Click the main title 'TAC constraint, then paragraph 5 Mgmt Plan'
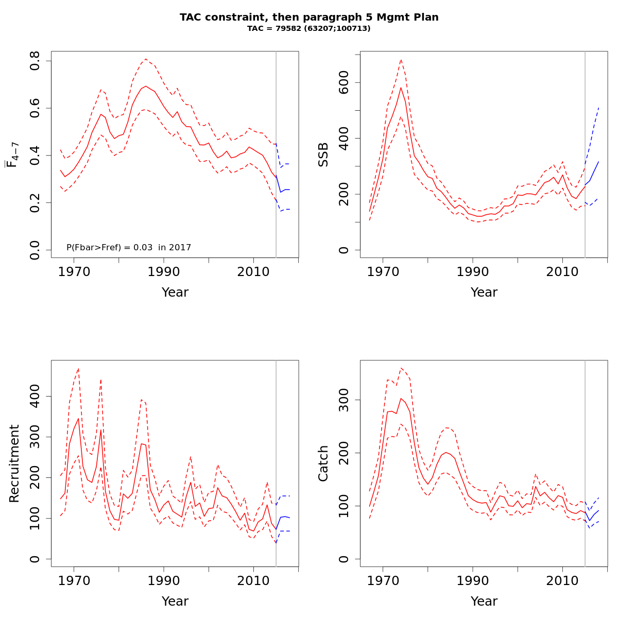[x=309, y=18]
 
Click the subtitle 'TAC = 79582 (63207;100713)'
[x=309, y=29]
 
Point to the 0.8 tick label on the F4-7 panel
[x=35, y=61]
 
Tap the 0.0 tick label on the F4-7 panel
[x=35, y=250]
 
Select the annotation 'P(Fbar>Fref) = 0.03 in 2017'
[x=129, y=248]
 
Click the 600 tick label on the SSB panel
[x=344, y=82]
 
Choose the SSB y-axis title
[x=323, y=154]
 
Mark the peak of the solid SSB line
[x=401, y=87]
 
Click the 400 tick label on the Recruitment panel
[x=35, y=396]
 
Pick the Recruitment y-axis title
[x=14, y=463]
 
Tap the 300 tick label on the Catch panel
[x=344, y=400]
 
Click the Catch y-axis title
[x=323, y=463]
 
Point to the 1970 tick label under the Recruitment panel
[x=74, y=581]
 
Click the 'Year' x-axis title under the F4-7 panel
[x=175, y=293]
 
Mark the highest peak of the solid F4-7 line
[x=146, y=86]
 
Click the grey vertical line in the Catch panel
[x=585, y=463]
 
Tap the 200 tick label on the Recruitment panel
[x=35, y=477]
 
